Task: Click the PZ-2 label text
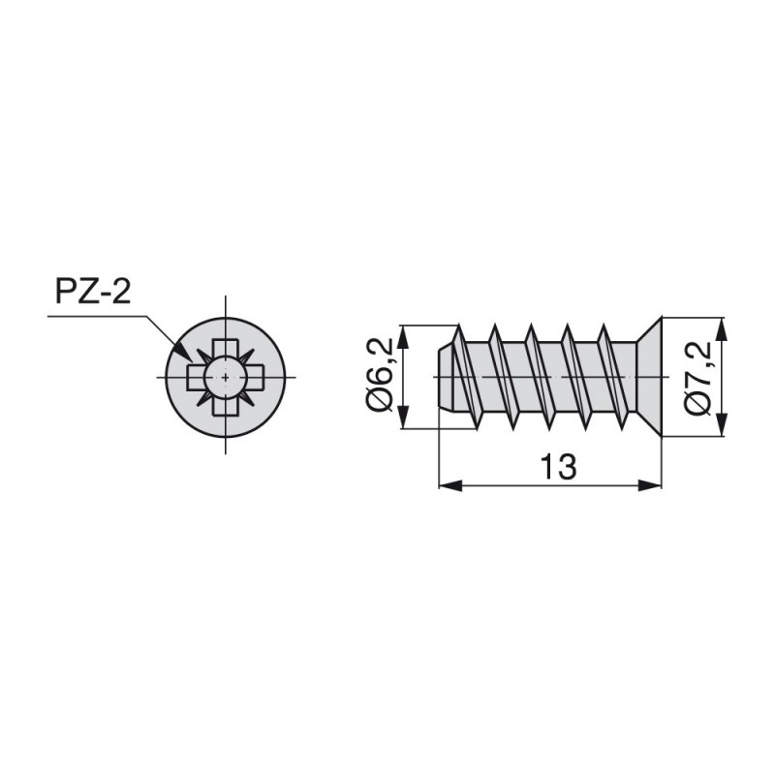pyautogui.click(x=93, y=292)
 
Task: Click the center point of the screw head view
pyautogui.click(x=226, y=377)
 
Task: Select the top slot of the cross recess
pyautogui.click(x=226, y=348)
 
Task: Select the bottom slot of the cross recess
pyautogui.click(x=226, y=406)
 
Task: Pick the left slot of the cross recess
pyautogui.click(x=196, y=377)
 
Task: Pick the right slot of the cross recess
pyautogui.click(x=255, y=377)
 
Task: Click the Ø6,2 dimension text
pyautogui.click(x=379, y=375)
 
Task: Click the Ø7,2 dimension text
pyautogui.click(x=697, y=378)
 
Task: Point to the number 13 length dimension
pyautogui.click(x=559, y=466)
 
